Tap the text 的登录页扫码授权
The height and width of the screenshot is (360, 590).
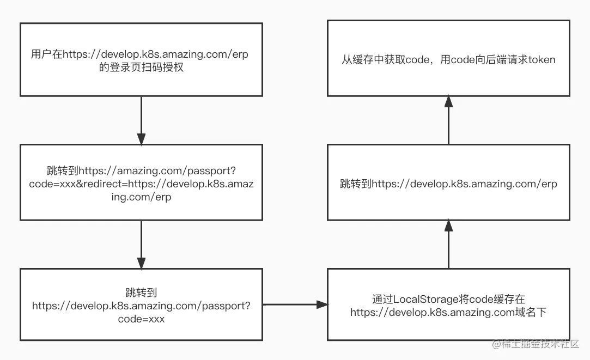[141, 69]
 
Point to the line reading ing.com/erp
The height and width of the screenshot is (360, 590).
[141, 197]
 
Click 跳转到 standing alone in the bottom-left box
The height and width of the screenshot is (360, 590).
[141, 293]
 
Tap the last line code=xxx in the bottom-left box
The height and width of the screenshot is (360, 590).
[141, 319]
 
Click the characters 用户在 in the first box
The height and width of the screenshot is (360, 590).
[46, 54]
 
